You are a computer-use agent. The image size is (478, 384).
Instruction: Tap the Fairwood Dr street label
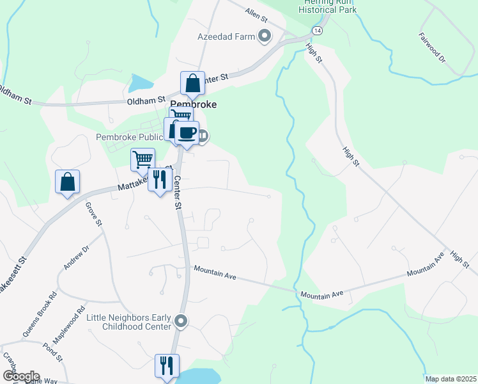pyautogui.click(x=432, y=45)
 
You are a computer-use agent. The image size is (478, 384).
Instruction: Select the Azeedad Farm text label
pyautogui.click(x=226, y=36)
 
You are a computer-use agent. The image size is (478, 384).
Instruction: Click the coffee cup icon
pyautogui.click(x=187, y=132)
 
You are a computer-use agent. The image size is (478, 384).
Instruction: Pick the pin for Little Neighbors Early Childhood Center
pyautogui.click(x=181, y=321)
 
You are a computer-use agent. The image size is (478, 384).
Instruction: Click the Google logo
pyautogui.click(x=20, y=376)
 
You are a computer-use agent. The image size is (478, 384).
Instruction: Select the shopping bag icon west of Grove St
pyautogui.click(x=67, y=182)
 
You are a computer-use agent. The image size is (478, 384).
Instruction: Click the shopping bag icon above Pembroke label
pyautogui.click(x=192, y=83)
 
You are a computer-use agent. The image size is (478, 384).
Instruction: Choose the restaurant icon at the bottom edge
pyautogui.click(x=167, y=365)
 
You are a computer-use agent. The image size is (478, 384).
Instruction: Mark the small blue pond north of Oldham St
pyautogui.click(x=141, y=83)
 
